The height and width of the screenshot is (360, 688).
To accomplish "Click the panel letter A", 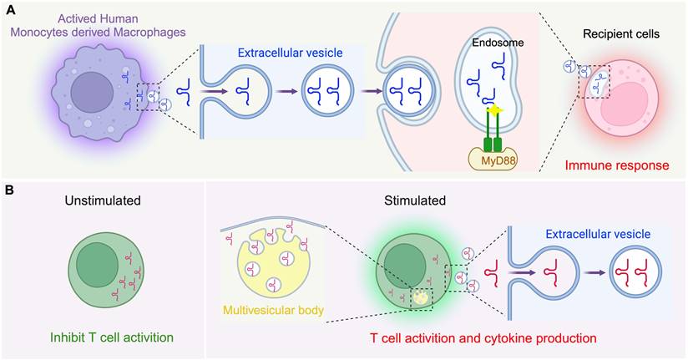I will point(10,11).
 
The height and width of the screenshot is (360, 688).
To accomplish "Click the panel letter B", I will point(10,191).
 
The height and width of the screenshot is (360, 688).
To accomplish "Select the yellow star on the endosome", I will point(481,110).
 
